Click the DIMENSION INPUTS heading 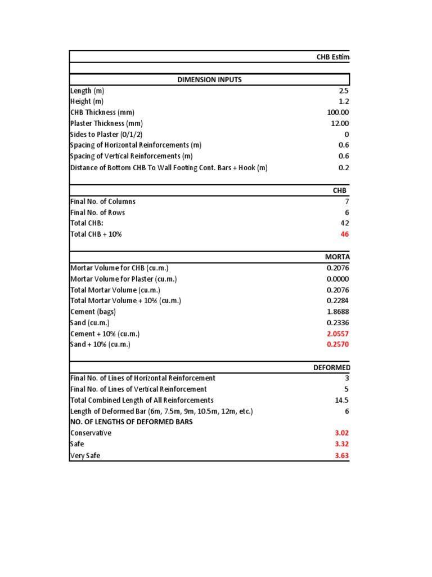[x=209, y=79]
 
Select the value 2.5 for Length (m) [x=344, y=91]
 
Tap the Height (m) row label [x=88, y=101]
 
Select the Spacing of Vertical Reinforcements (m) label [x=131, y=156]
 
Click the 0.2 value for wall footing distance [x=344, y=167]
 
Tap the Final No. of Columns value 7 [x=346, y=201]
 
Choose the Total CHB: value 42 [x=344, y=223]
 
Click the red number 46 [x=344, y=234]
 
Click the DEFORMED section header [x=331, y=368]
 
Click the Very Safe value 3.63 [x=341, y=455]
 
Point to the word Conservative [x=91, y=433]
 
